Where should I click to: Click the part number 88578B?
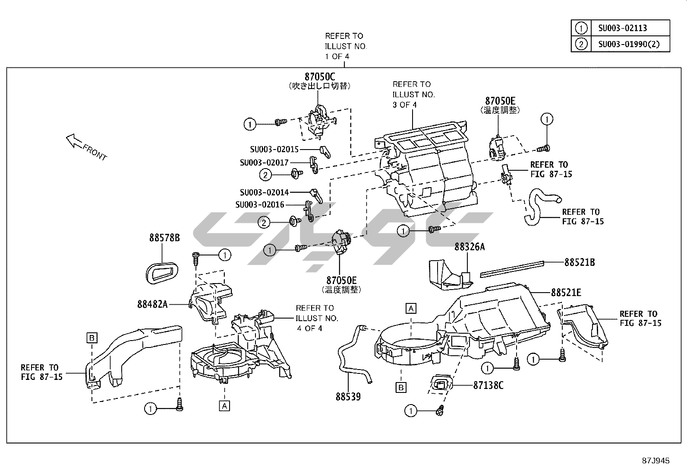(164, 238)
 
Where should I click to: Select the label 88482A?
(152, 304)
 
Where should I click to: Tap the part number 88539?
(348, 396)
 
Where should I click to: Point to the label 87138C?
(488, 385)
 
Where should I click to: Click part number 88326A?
(470, 247)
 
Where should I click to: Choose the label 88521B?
(580, 262)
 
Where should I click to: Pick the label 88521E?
(566, 293)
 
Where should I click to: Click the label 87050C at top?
(320, 77)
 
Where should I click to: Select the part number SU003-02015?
(274, 150)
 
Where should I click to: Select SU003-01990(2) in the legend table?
(628, 44)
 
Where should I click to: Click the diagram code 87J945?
(655, 461)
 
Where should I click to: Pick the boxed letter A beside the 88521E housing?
(411, 308)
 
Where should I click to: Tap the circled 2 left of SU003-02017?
(265, 175)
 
